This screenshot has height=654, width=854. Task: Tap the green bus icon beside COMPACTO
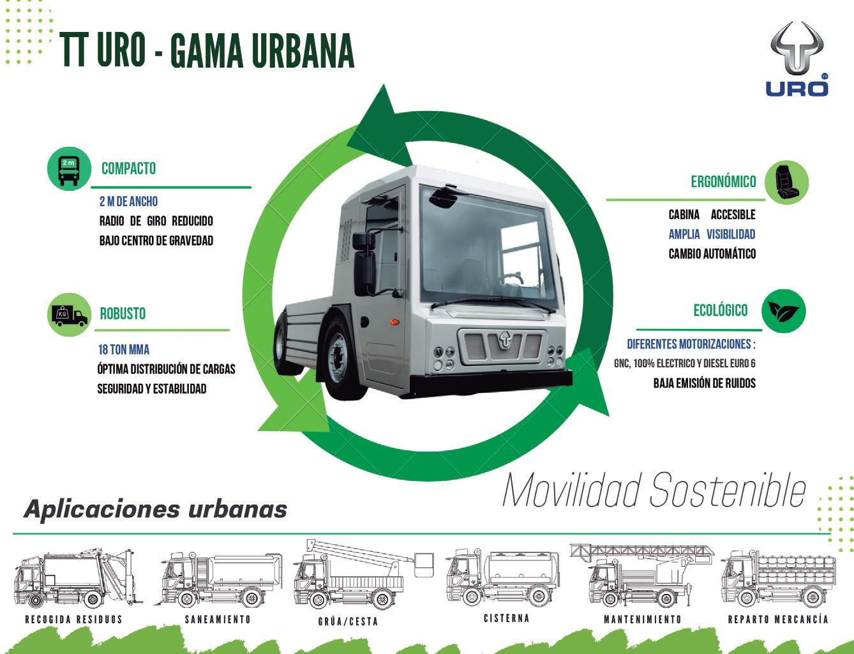[x=68, y=169]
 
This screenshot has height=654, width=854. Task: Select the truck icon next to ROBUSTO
[x=69, y=314]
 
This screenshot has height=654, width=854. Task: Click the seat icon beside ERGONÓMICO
[x=786, y=182]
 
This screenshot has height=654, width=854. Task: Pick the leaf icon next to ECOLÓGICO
[x=783, y=311]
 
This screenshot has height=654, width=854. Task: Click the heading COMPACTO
[x=128, y=169]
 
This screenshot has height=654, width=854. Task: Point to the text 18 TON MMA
[x=124, y=350]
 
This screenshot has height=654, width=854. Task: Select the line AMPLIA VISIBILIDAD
[x=712, y=234]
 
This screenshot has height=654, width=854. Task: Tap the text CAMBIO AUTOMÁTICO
[x=712, y=254]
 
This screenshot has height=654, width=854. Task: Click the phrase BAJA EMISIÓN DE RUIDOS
[x=704, y=383]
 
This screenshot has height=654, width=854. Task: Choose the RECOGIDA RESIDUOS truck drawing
[x=75, y=579]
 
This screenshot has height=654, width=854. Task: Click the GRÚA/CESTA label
[x=348, y=621]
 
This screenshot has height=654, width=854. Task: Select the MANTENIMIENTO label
[x=643, y=620]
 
